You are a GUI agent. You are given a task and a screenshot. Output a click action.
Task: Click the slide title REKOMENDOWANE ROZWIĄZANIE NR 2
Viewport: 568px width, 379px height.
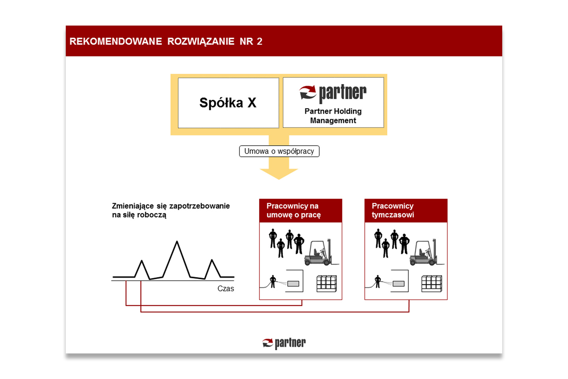(x=166, y=41)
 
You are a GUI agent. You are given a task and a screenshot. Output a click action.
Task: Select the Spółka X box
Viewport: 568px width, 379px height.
(x=228, y=103)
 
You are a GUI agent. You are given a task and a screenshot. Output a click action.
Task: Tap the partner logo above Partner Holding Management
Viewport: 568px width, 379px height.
(x=333, y=94)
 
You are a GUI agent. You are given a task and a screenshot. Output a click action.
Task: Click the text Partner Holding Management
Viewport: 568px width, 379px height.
(x=333, y=116)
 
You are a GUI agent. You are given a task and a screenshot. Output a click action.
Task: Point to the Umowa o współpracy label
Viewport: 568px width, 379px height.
(x=279, y=151)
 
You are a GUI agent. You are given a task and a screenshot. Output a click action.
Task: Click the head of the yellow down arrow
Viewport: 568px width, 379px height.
(x=279, y=174)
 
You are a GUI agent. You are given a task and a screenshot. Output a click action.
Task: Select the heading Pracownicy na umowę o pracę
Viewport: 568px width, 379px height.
(x=293, y=210)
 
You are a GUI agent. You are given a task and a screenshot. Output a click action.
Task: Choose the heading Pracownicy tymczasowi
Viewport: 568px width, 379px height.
(x=393, y=210)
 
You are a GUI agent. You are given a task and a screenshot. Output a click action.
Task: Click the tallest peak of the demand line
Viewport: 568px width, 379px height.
(x=177, y=241)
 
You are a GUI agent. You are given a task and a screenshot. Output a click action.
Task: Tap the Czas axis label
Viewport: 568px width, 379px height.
(x=226, y=289)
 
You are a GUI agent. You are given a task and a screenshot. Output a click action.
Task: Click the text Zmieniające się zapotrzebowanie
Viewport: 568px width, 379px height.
(x=171, y=206)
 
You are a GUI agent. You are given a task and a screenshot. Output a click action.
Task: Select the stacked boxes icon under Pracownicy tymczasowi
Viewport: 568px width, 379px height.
(x=432, y=283)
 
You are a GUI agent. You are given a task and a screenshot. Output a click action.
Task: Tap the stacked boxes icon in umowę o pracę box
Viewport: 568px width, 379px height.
(x=327, y=283)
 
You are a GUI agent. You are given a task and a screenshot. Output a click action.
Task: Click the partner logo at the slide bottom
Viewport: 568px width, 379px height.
(x=284, y=343)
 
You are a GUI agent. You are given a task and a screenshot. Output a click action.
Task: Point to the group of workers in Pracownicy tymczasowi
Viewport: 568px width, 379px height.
(x=392, y=243)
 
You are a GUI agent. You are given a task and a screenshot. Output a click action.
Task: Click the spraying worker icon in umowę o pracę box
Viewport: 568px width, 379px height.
(x=273, y=281)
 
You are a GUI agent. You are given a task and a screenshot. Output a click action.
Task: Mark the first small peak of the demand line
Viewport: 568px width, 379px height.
(x=142, y=261)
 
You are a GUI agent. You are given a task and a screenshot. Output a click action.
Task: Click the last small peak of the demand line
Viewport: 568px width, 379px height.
(x=212, y=260)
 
